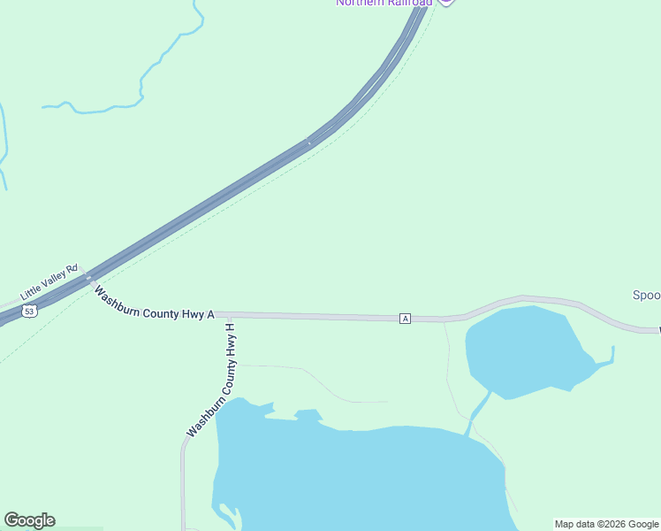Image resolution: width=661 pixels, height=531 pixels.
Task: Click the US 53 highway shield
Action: coord(31,312)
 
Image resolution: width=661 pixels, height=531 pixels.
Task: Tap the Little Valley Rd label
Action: coord(49,284)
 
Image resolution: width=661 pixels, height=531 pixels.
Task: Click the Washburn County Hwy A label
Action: coord(155,303)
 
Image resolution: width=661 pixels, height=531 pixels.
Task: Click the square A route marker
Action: coord(405,318)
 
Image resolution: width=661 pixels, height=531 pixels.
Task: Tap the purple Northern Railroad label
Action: coord(384,3)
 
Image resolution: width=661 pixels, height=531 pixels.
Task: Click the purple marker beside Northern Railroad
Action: coord(446,2)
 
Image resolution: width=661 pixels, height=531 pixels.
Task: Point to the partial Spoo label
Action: coord(646,296)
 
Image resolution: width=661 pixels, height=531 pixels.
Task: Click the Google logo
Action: coord(29,520)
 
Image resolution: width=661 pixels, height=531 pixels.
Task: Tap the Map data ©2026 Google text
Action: coord(607,524)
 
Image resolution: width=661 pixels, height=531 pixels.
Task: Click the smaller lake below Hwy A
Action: coord(521,350)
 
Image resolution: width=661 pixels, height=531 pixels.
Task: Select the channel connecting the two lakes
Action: coord(478,412)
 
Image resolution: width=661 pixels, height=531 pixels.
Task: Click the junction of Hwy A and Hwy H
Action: coord(230,314)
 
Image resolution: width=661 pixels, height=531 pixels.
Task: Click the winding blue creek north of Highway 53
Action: coord(141,84)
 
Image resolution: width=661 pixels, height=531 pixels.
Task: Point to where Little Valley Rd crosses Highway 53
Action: coord(87,278)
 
